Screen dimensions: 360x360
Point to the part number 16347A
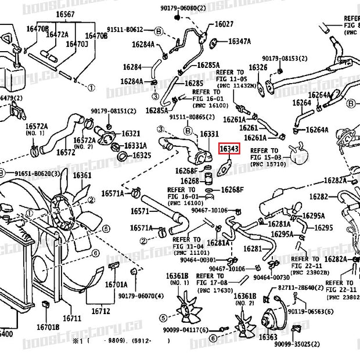click(x=239, y=42)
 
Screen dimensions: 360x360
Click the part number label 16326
click(x=258, y=68)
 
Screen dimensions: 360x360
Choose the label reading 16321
click(x=131, y=134)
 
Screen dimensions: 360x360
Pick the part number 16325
click(x=142, y=156)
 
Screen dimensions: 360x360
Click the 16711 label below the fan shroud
click(x=72, y=318)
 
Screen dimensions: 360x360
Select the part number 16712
click(x=100, y=312)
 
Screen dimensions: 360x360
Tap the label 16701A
click(x=116, y=285)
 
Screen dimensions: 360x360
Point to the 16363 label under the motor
click(x=268, y=337)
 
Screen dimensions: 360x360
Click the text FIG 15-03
click(x=265, y=158)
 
